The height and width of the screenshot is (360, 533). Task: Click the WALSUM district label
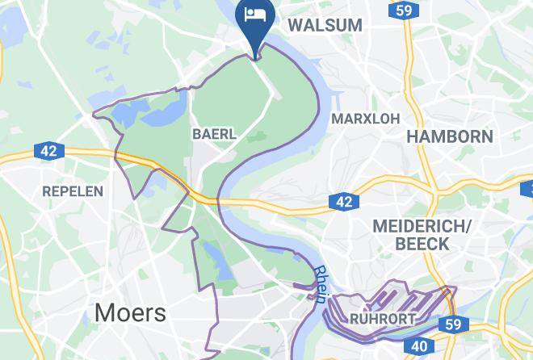[325, 25]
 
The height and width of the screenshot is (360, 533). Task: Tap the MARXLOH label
[365, 119]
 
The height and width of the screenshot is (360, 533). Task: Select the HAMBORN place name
[449, 136]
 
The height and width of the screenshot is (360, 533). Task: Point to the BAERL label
[214, 134]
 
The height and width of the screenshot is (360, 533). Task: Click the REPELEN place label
[73, 191]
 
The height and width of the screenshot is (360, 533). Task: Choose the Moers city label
[130, 312]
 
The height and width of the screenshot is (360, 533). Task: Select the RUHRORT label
[383, 320]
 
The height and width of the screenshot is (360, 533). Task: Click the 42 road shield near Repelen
[47, 151]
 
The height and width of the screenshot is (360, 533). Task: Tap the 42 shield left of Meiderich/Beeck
[344, 202]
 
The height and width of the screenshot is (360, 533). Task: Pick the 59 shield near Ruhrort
[452, 324]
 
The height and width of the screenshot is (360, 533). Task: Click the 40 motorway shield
[419, 346]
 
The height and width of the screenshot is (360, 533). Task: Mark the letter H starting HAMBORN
[412, 136]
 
